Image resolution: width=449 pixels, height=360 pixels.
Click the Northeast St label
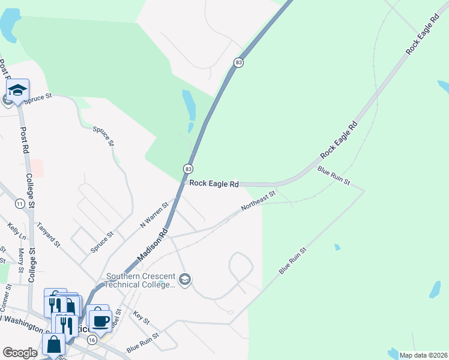click(258, 200)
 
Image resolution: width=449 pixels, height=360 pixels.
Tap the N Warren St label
click(154, 213)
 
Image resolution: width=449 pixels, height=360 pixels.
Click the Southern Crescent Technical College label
click(141, 281)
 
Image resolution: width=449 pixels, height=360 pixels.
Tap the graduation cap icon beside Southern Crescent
click(185, 280)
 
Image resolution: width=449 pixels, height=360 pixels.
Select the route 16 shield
click(92, 340)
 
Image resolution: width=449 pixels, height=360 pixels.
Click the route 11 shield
click(20, 204)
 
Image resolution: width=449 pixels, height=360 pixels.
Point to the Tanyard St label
click(49, 235)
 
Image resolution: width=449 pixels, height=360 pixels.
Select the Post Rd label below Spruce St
click(25, 139)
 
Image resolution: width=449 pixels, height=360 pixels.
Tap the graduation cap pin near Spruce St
click(17, 91)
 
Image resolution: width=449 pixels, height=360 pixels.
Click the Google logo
click(20, 353)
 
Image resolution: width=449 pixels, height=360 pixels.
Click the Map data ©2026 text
click(423, 355)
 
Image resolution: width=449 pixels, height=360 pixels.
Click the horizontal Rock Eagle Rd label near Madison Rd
click(214, 184)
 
